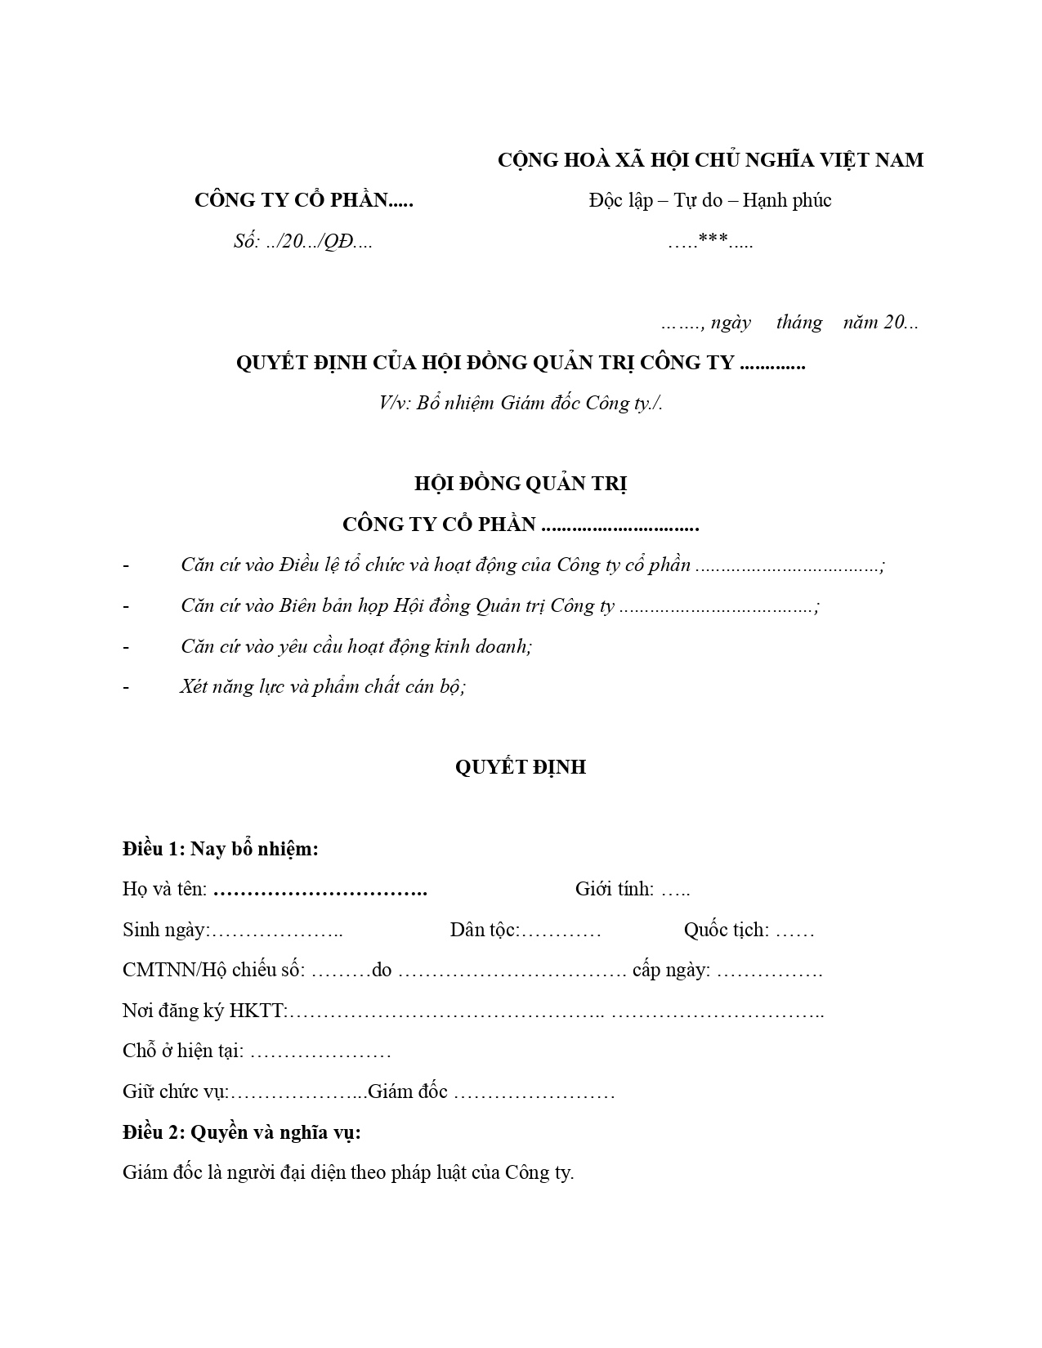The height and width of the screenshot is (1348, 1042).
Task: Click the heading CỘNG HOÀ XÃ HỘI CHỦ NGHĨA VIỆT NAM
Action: [x=710, y=160]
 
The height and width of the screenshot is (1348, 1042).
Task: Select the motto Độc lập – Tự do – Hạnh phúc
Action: [x=709, y=200]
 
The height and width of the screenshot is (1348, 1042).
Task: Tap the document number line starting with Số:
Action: [x=302, y=242]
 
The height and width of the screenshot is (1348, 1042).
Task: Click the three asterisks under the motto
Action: [x=713, y=241]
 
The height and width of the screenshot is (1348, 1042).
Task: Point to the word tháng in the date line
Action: [x=798, y=323]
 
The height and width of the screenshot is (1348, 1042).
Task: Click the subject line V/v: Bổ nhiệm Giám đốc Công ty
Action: [x=521, y=403]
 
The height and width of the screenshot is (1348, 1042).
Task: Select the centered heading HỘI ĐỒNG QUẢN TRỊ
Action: [x=521, y=484]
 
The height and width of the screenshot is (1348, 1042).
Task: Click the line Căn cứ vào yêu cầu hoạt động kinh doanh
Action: [x=356, y=646]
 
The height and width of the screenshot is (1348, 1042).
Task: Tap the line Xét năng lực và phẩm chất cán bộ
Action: [x=323, y=686]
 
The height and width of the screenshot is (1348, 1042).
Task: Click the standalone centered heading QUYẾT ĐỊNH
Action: [x=521, y=767]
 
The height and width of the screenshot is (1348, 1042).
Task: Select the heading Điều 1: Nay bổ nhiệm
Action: [x=221, y=849]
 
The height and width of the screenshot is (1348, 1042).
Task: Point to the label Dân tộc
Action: [x=485, y=930]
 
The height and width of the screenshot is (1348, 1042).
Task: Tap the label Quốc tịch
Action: [x=727, y=930]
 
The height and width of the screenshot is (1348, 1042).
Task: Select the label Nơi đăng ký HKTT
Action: [x=204, y=1011]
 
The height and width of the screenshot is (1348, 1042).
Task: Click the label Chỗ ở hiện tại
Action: [x=183, y=1051]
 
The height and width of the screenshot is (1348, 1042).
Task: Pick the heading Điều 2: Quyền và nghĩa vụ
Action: [x=242, y=1132]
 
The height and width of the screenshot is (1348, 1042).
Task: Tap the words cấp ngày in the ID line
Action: [x=671, y=970]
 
